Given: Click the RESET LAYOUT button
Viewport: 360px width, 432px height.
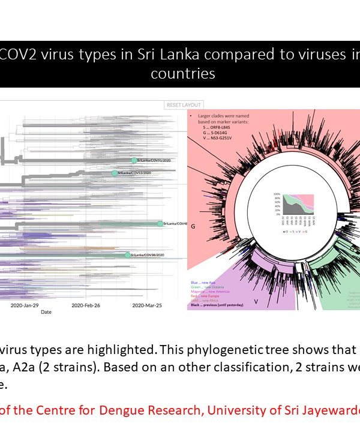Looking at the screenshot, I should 184,105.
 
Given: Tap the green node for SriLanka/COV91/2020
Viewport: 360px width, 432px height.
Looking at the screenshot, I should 135,160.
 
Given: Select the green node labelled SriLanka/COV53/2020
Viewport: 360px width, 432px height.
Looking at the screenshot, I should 114,173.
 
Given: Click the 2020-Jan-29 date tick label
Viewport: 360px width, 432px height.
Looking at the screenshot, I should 24,305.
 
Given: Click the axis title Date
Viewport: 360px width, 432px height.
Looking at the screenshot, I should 46,313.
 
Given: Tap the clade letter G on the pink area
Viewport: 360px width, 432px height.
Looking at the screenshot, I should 193,228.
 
